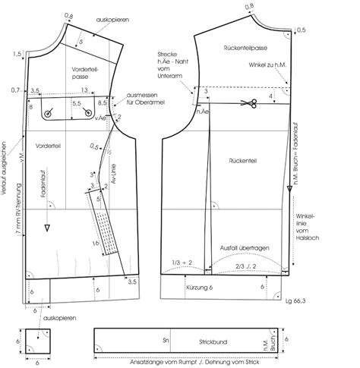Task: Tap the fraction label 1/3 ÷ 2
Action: coord(183,263)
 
